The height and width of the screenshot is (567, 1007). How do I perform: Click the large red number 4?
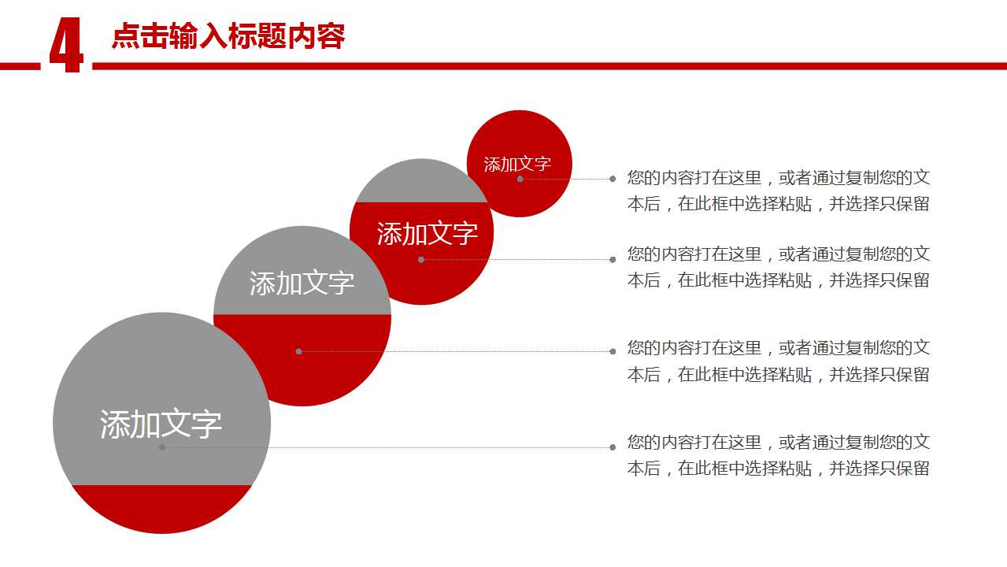67,45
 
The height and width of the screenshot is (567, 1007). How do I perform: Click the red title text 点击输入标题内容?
228,36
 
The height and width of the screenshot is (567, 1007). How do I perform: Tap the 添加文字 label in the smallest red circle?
517,164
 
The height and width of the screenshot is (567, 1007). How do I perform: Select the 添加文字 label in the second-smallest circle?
427,234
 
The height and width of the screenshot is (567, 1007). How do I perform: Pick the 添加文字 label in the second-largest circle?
302,283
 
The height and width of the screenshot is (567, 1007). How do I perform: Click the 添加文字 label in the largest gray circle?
161,424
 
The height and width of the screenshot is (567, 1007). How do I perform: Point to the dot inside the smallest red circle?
520,179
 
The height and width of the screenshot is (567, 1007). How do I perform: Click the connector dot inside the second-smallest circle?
421,259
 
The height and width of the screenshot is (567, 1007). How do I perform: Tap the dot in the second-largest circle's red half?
299,352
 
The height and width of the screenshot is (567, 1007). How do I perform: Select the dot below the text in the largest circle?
162,447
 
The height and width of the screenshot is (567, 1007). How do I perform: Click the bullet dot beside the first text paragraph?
613,179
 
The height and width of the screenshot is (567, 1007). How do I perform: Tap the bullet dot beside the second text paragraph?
613,259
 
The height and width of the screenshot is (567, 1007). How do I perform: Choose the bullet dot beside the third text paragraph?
613,352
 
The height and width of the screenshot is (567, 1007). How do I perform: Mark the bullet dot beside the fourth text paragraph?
613,447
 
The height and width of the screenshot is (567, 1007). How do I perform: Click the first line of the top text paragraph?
778,178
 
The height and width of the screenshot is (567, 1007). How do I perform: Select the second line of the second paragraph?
778,280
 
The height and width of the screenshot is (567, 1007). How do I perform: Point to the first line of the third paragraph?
778,347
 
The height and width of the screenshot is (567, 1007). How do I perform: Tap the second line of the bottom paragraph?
778,469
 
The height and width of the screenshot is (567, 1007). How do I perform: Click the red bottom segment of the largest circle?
162,508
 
